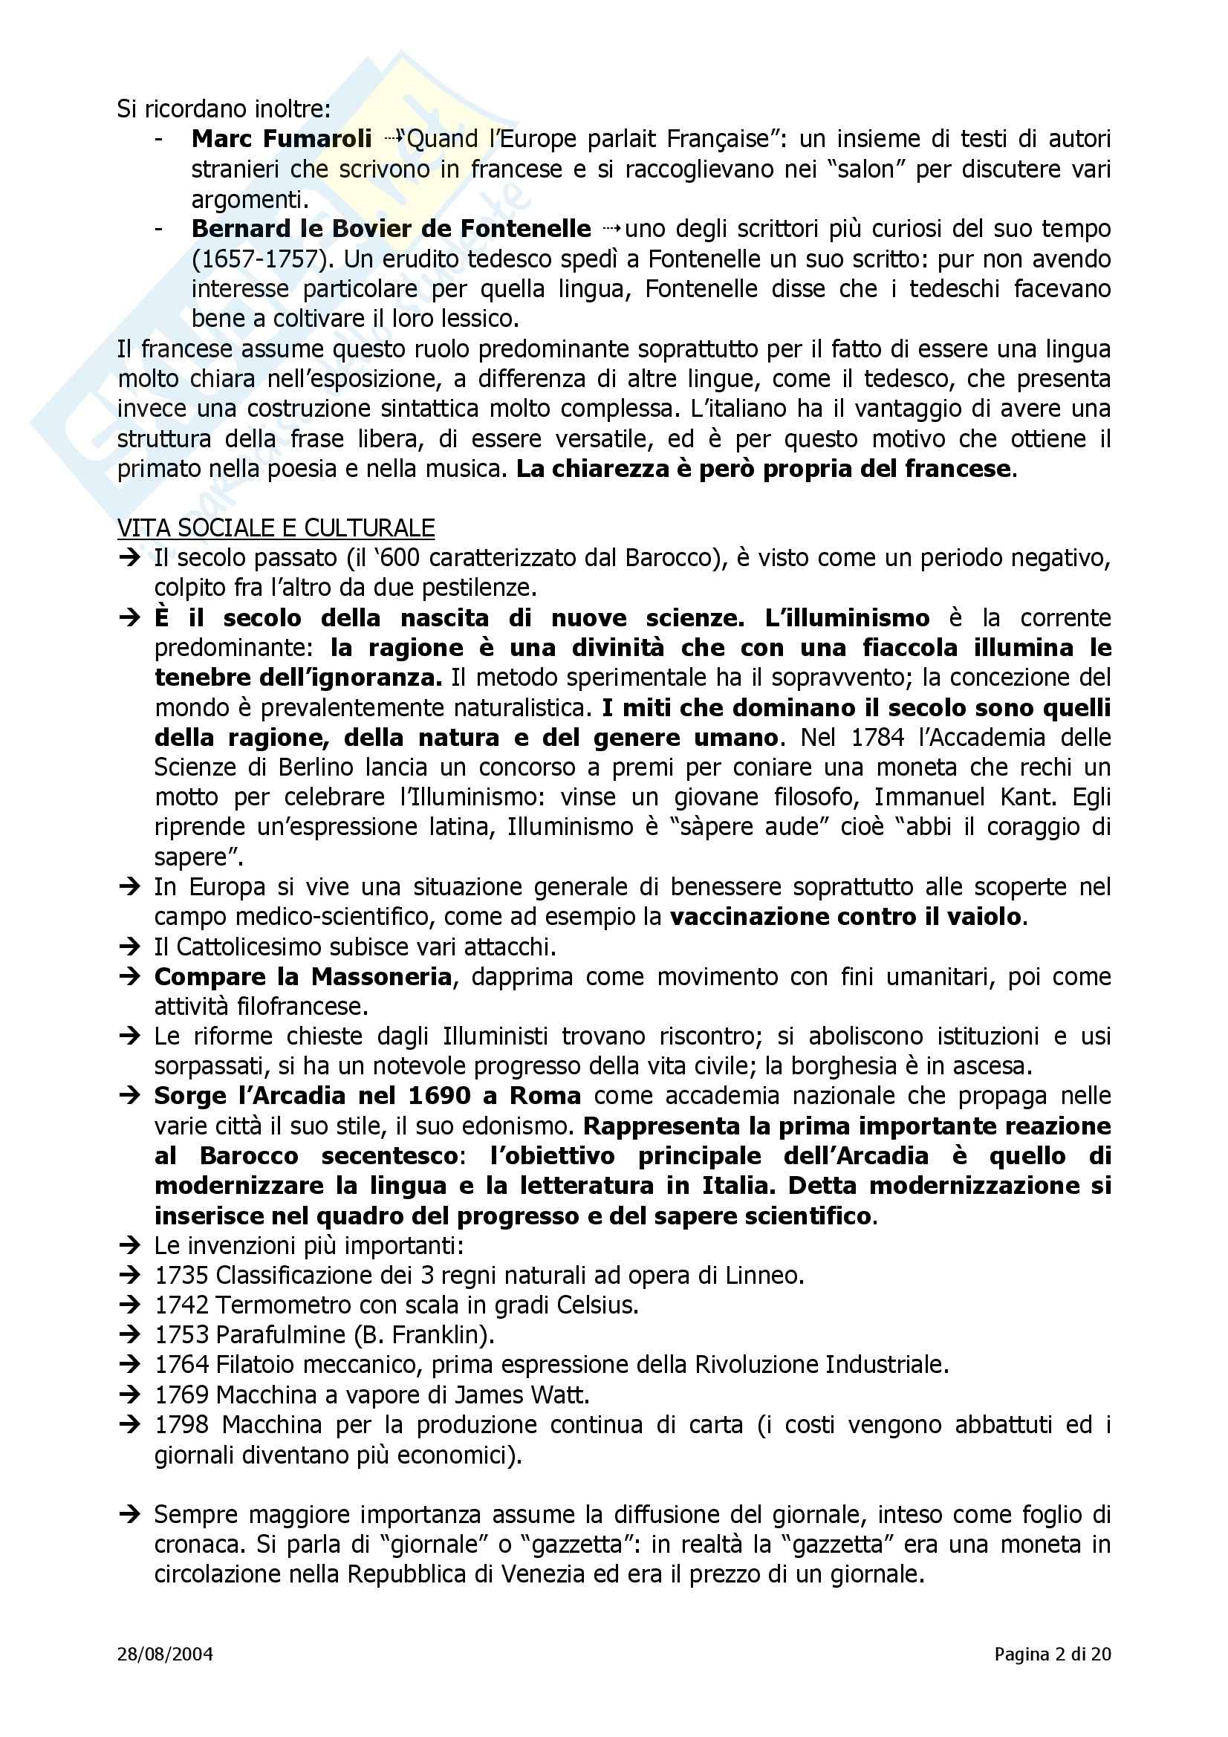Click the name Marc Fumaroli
pos(282,139)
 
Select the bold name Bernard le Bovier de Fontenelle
pos(392,229)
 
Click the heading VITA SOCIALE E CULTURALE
pos(276,527)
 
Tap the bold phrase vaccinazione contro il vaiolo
pos(845,917)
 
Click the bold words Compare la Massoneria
pos(302,977)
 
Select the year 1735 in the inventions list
pos(181,1276)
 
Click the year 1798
pos(181,1424)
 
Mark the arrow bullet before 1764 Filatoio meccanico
pos(130,1365)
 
